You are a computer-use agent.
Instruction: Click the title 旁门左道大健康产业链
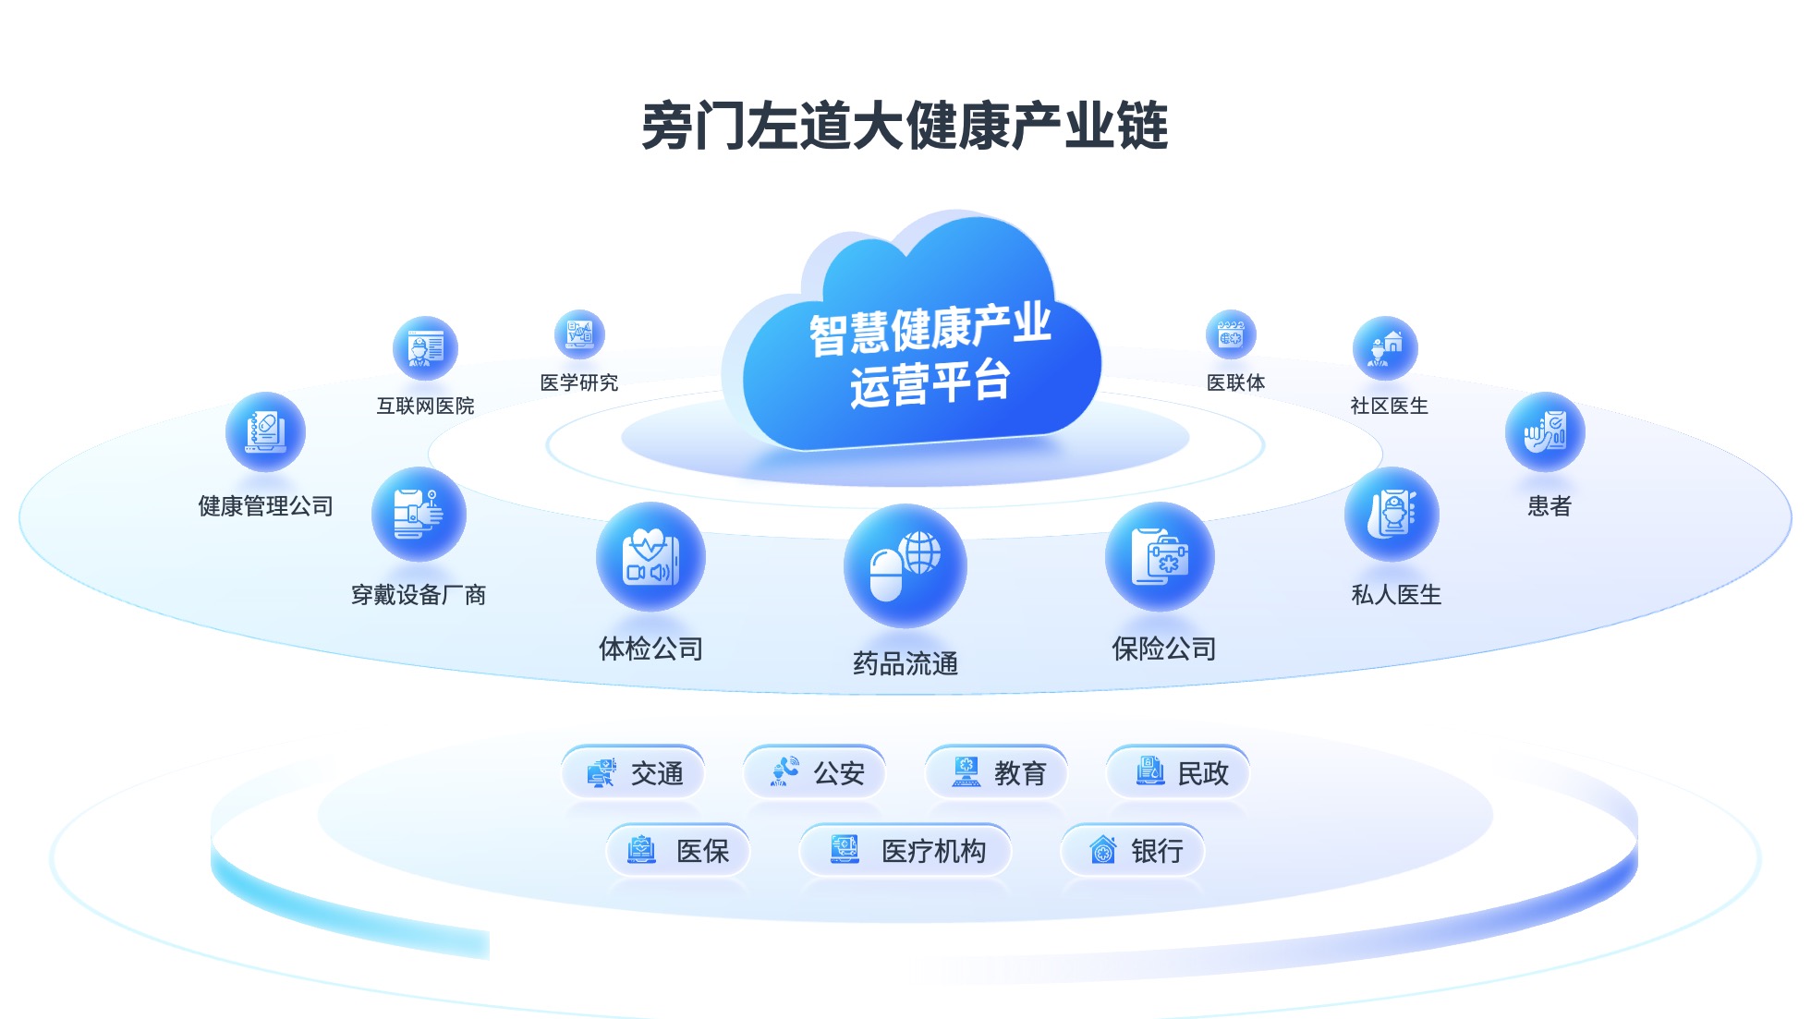905,126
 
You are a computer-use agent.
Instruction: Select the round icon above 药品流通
905,564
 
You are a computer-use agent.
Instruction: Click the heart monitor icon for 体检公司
650,557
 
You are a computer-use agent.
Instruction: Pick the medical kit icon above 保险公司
1160,557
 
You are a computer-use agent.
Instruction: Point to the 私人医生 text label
1396,595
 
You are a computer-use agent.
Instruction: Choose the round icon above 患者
1545,432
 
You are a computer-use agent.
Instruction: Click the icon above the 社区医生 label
1384,348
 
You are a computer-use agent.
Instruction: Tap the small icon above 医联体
1231,334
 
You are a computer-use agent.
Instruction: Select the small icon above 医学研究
579,334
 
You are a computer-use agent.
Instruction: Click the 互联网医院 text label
425,406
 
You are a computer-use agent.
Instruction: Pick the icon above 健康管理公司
265,432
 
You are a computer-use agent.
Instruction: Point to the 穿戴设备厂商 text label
419,595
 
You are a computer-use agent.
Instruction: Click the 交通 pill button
634,772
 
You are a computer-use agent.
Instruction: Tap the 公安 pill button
815,772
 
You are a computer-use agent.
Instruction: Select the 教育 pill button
997,772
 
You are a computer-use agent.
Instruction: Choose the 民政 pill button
1179,772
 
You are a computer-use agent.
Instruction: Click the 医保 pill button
678,850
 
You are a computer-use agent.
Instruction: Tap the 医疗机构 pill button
905,850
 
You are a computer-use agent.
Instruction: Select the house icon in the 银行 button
1102,850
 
